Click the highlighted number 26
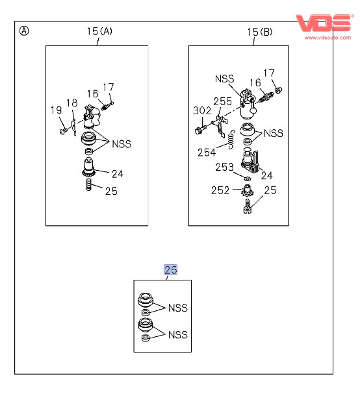click(x=170, y=269)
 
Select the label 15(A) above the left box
click(x=99, y=31)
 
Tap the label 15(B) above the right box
click(x=260, y=32)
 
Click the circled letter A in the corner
click(x=24, y=31)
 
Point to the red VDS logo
click(x=324, y=23)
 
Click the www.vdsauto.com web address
click(x=328, y=38)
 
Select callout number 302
click(x=202, y=110)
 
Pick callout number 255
click(x=222, y=101)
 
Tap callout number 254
click(x=207, y=153)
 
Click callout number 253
click(x=224, y=167)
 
